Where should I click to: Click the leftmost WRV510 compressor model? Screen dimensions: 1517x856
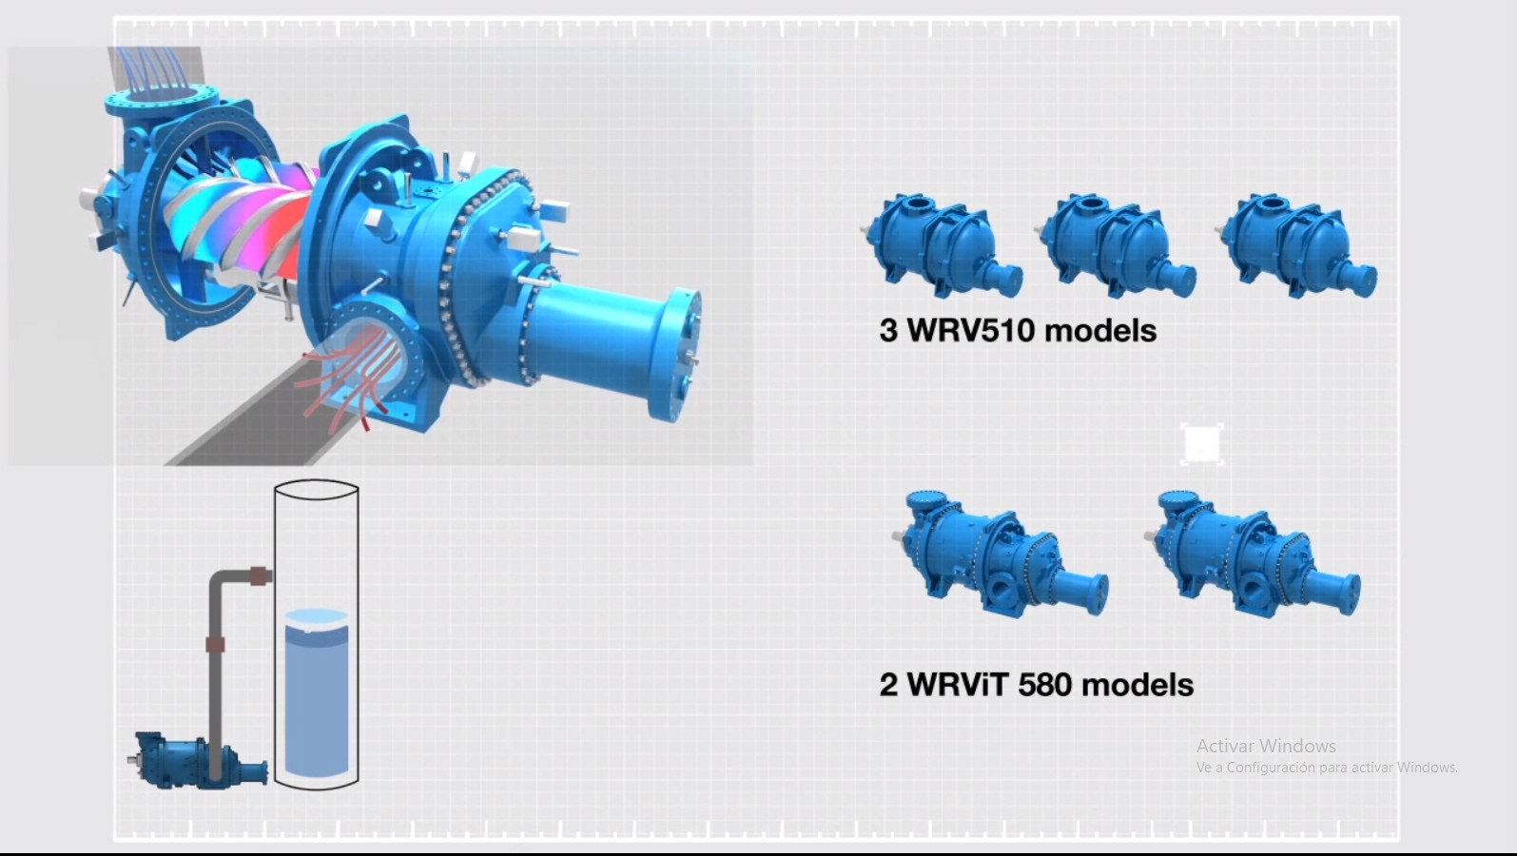[942, 245]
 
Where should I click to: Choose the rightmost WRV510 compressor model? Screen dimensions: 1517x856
[1296, 245]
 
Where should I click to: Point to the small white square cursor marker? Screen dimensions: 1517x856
[1202, 445]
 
